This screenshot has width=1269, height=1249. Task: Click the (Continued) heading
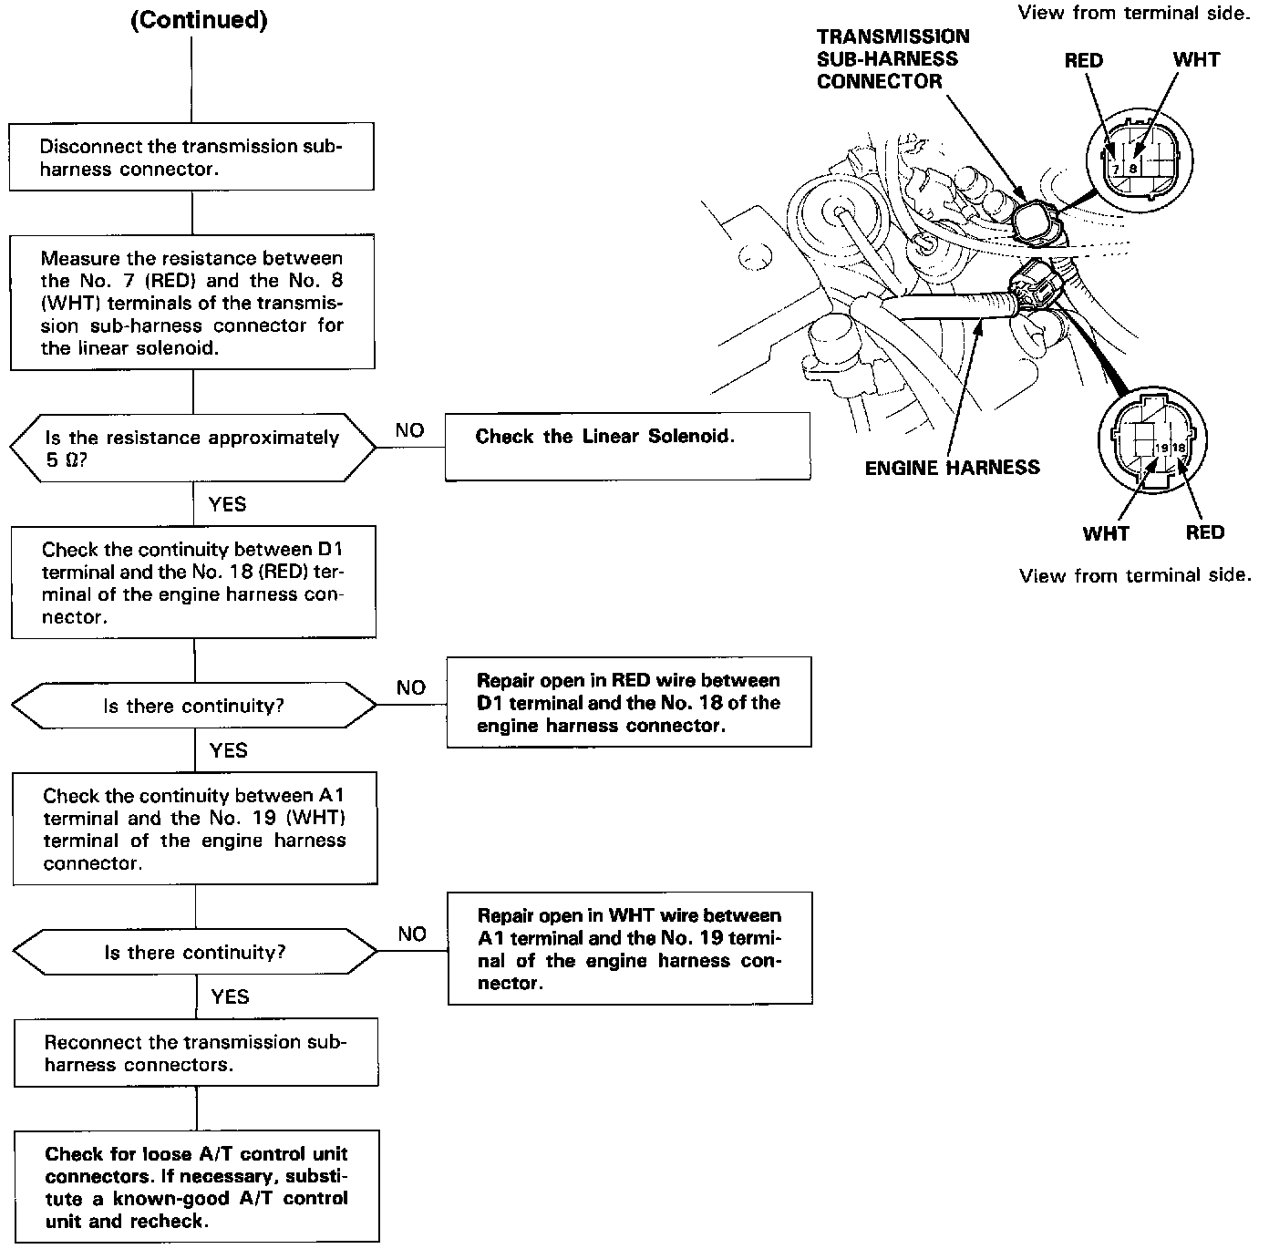pos(199,21)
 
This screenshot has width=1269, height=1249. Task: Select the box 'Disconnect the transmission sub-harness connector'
pos(191,157)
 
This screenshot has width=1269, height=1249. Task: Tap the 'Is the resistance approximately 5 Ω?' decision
pos(192,449)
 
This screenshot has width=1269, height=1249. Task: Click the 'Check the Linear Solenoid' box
pos(627,446)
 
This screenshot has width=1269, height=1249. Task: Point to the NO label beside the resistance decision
pos(409,430)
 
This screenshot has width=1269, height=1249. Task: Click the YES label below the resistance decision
pos(227,504)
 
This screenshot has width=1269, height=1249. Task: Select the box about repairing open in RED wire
pos(629,703)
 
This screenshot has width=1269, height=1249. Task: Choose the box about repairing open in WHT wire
pos(630,948)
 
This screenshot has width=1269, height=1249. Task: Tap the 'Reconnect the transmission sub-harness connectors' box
pos(196,1053)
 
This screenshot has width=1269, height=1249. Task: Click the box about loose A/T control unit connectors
pos(197,1187)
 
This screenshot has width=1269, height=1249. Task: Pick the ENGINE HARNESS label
pos(952,468)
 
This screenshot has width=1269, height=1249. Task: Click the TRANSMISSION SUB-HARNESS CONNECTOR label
pos(892,59)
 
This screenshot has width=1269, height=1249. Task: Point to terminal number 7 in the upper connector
pos(1115,169)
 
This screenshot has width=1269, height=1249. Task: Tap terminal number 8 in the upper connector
pos(1132,169)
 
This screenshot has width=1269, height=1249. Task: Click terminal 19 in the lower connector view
pos(1161,449)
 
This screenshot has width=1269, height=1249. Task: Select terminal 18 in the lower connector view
pos(1178,449)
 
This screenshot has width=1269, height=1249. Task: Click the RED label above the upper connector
pos(1083,61)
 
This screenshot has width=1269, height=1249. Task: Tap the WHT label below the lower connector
pos(1106,533)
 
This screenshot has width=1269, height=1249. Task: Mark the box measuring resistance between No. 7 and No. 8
pos(192,303)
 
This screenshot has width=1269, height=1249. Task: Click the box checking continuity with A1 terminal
pos(195,829)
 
